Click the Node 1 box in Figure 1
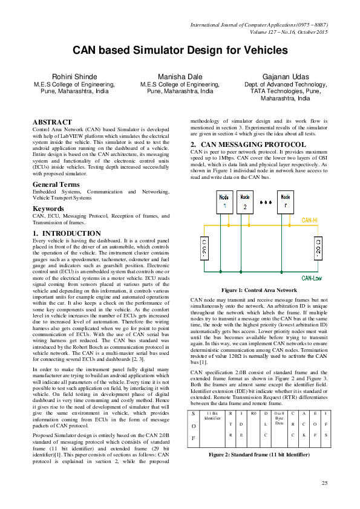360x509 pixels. [x=224, y=201]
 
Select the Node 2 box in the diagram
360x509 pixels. [x=244, y=201]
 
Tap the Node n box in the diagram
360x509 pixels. [x=284, y=201]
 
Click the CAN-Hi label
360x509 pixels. [x=313, y=221]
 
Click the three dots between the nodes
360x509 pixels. [x=264, y=203]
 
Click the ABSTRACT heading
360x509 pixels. [x=52, y=122]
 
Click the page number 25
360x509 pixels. [x=324, y=482]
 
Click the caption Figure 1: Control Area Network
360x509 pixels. [x=260, y=290]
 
